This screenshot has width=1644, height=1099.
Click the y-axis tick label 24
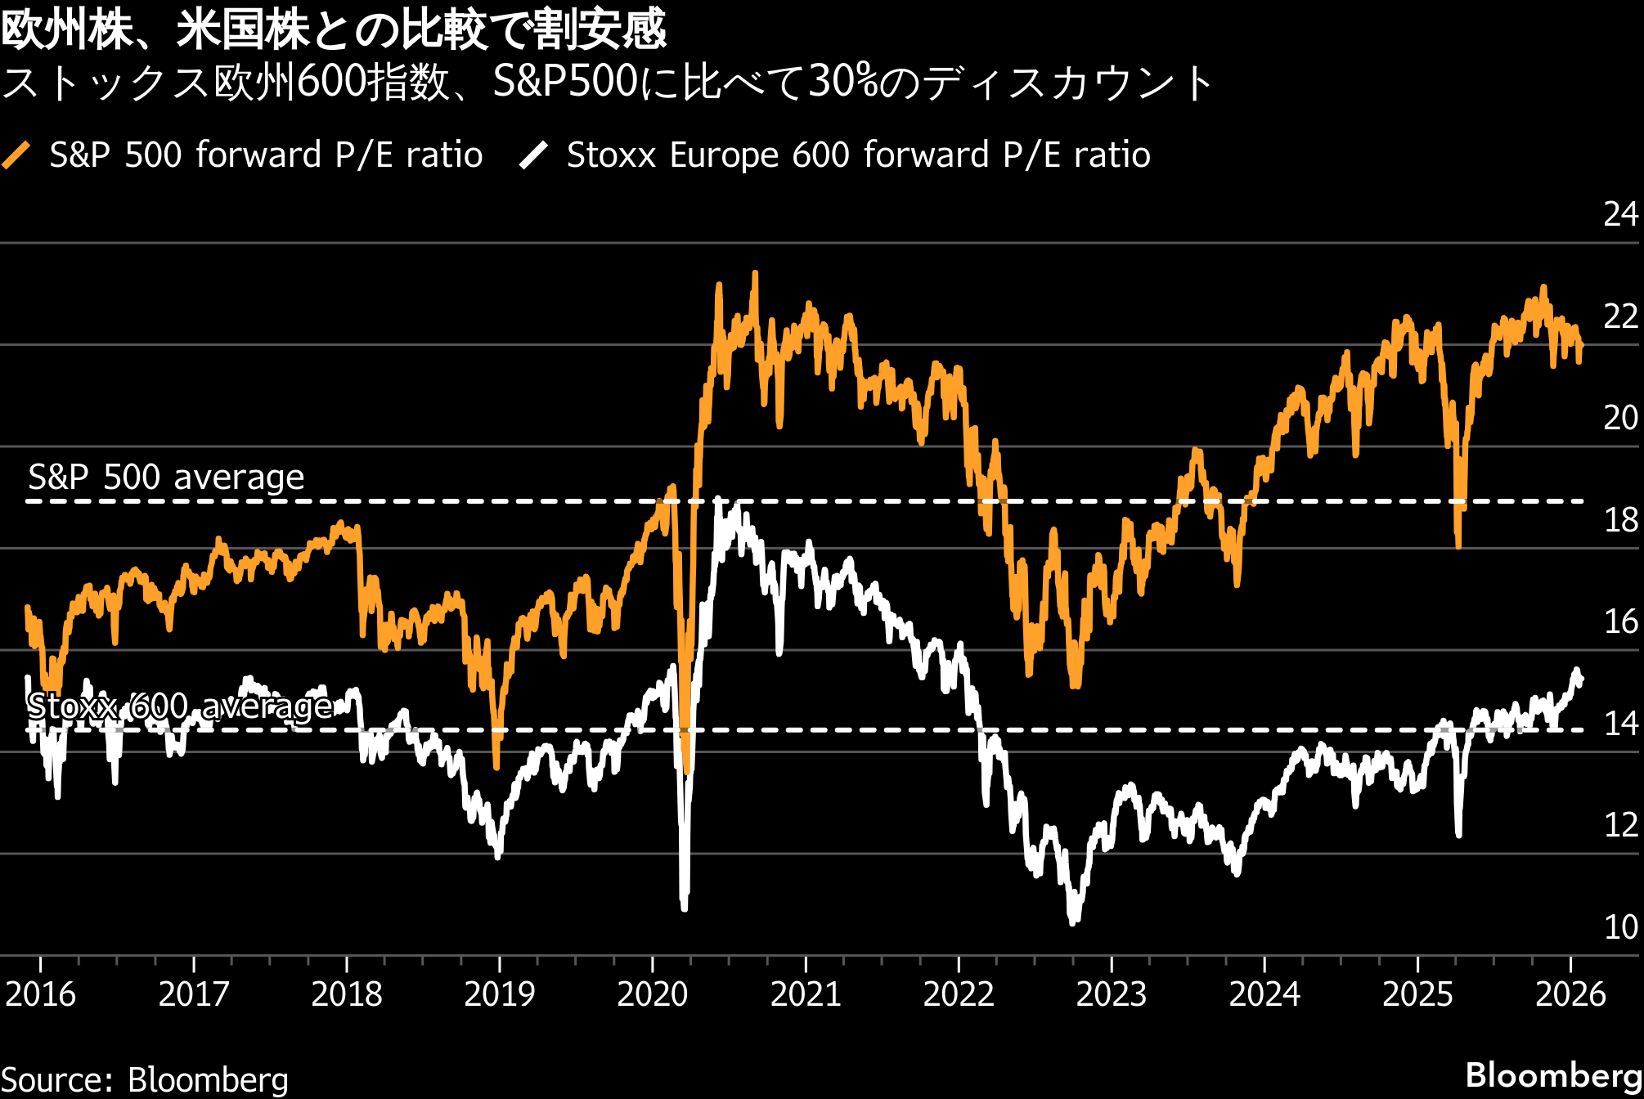(1620, 214)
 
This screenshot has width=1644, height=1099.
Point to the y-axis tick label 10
(1620, 927)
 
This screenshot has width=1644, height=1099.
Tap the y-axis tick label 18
(1620, 520)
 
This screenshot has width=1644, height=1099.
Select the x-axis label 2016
(40, 994)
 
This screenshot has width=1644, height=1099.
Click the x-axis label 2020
(652, 994)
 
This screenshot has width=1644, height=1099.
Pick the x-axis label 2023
(1111, 994)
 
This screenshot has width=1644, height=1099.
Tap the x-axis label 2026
(1570, 994)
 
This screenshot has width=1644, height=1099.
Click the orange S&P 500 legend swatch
(16, 155)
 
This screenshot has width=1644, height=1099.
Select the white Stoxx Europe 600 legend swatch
(533, 155)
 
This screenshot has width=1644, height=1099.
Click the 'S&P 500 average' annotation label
(166, 477)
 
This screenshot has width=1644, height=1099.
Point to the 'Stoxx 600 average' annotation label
(179, 706)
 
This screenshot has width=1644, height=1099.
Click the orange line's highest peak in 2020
(754, 275)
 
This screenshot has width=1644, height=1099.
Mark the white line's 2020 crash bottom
(684, 906)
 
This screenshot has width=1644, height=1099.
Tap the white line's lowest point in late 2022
(1073, 922)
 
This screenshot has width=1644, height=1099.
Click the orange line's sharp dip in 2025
(1458, 545)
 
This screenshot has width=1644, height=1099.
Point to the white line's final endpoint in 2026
(1581, 680)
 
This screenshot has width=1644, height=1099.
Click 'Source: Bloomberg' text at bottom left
(145, 1079)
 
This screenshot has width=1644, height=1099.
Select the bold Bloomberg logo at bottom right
(1553, 1075)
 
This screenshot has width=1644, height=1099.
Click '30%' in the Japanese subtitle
(842, 82)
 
